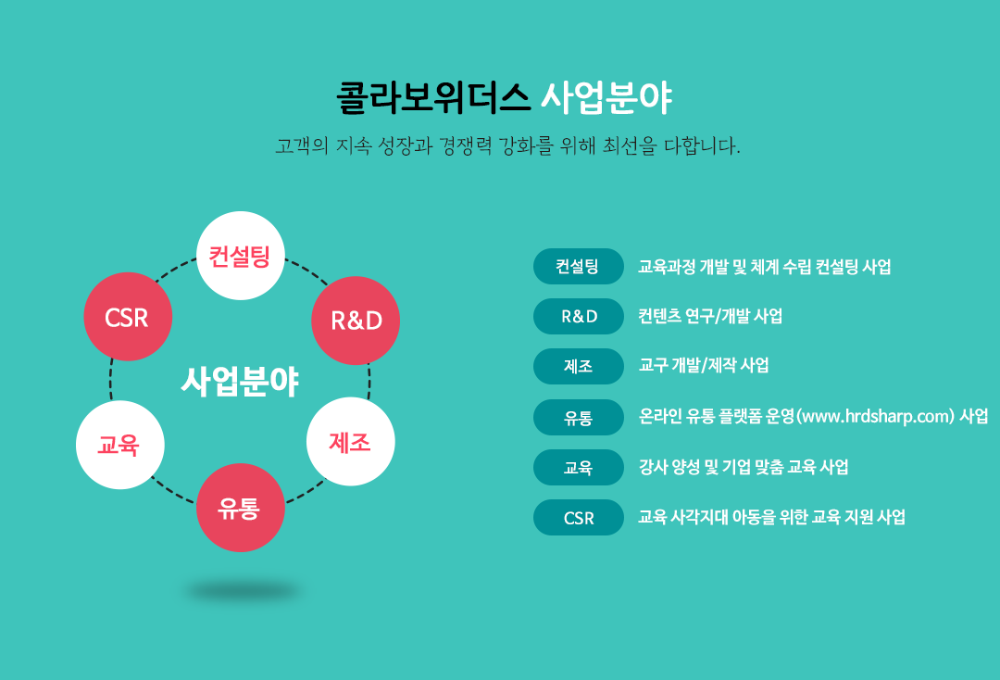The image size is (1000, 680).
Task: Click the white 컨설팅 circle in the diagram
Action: tap(241, 256)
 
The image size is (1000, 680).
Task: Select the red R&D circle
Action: tap(356, 321)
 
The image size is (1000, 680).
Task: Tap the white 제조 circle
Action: tap(351, 441)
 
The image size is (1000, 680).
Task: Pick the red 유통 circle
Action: tap(241, 508)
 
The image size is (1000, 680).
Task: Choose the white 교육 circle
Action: tap(119, 445)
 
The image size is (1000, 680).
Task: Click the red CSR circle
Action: tap(128, 317)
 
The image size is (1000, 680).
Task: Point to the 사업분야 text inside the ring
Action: tap(241, 382)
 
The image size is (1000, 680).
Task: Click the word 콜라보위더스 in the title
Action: tap(433, 97)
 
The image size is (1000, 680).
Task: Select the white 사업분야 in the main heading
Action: tap(606, 97)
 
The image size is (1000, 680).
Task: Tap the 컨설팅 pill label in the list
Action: tap(579, 266)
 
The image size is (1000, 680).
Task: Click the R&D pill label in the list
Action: tap(579, 317)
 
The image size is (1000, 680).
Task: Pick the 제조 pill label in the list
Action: tap(579, 366)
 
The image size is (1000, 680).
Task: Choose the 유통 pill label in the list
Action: tap(579, 417)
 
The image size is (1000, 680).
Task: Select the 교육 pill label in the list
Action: tap(579, 468)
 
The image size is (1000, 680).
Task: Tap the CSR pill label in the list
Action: tap(579, 517)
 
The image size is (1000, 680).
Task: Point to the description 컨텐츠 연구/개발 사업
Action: tap(710, 316)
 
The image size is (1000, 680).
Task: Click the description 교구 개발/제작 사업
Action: tap(704, 366)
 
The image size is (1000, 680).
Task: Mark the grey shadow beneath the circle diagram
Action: tap(243, 591)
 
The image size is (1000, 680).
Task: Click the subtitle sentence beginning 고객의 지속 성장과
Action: tap(507, 146)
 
